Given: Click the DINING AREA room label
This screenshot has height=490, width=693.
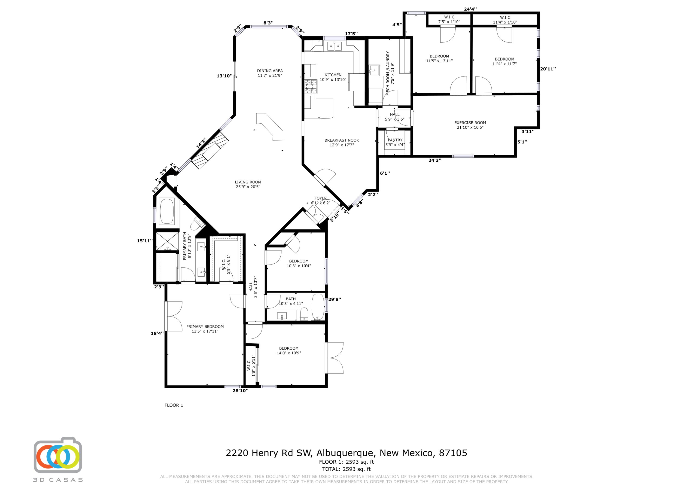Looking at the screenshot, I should coord(270,73).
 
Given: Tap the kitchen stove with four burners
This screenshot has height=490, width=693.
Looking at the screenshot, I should coord(311,87).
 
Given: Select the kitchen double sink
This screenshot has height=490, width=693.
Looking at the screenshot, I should coord(334,46).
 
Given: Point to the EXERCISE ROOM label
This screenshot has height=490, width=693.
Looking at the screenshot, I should coord(470,125).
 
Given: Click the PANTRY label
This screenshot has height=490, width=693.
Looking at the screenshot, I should coord(395,142).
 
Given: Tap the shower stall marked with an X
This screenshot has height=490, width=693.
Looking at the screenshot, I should coord(167,241).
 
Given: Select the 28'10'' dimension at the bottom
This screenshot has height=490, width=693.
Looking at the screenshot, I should coord(240,391).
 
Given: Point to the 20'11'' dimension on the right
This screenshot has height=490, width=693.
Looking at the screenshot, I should coord(548,69).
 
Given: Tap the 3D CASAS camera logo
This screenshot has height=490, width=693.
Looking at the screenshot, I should coord(58,456).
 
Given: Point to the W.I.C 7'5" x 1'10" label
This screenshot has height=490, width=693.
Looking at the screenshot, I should coord(449,19).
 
